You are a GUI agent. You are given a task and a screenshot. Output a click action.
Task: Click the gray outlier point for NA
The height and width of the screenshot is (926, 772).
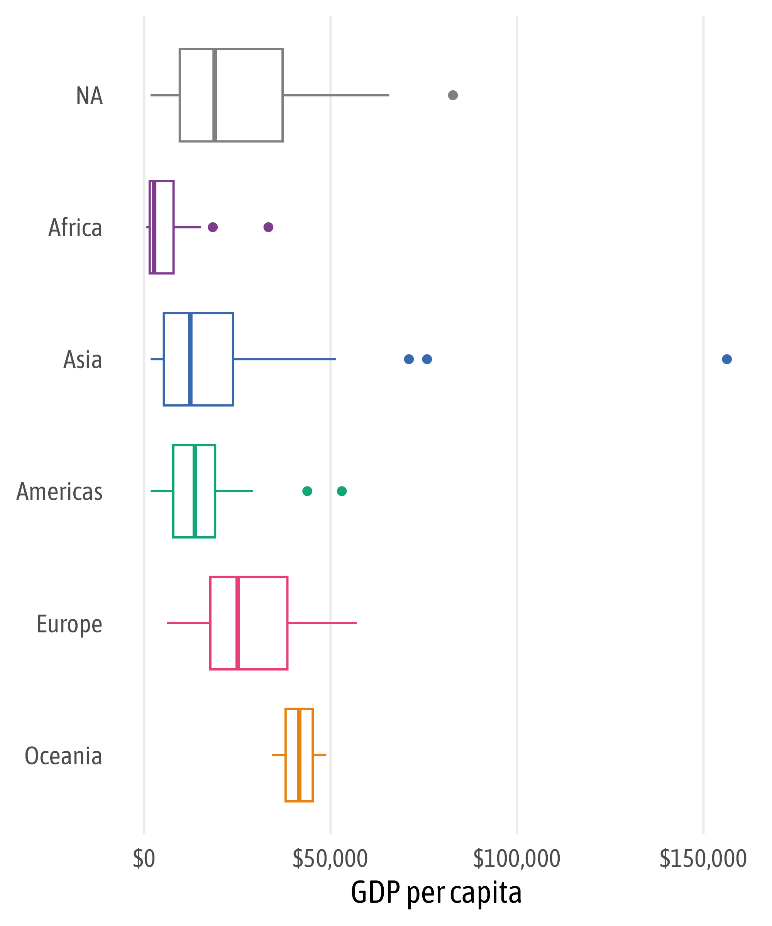click(453, 95)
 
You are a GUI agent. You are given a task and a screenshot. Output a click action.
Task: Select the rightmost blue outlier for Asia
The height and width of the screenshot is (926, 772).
click(727, 359)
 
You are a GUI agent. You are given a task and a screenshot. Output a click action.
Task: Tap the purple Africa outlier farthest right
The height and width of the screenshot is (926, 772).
click(268, 227)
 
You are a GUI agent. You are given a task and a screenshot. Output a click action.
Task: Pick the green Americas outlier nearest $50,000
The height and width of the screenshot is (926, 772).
click(342, 491)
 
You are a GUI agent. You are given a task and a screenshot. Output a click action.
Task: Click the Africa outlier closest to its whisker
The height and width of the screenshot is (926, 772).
click(213, 227)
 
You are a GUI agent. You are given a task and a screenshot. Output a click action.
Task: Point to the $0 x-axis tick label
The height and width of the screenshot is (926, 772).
click(144, 858)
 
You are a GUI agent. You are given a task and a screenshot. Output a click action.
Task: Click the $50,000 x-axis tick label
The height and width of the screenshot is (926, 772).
click(330, 858)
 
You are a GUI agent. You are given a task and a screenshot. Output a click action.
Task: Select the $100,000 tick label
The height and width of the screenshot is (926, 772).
click(516, 858)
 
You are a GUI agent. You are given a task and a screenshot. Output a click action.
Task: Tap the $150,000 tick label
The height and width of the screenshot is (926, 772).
click(703, 858)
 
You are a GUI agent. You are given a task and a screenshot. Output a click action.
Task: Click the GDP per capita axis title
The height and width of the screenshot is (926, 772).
click(436, 893)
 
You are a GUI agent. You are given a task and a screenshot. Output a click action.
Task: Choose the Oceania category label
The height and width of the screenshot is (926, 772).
click(64, 756)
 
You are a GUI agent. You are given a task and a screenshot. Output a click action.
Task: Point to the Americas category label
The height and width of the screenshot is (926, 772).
click(59, 492)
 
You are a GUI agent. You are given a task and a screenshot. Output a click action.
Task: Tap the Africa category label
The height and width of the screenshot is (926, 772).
click(75, 228)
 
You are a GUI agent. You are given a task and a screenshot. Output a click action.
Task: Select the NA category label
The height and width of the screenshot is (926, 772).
click(90, 96)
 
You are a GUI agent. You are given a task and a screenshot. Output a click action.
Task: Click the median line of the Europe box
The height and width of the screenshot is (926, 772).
click(238, 623)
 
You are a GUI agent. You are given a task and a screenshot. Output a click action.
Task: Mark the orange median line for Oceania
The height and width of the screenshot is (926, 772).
click(299, 755)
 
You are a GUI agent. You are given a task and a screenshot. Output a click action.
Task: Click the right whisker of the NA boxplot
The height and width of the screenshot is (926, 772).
click(335, 95)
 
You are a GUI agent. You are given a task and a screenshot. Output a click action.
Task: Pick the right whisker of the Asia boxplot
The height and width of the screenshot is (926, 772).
click(284, 359)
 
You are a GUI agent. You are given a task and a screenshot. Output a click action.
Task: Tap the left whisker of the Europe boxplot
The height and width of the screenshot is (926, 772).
click(188, 623)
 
